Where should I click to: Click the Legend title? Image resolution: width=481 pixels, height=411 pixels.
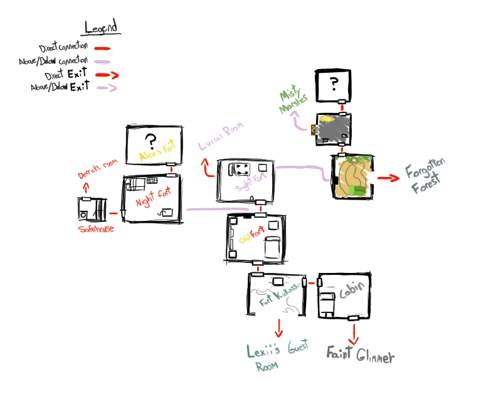pos(103,27)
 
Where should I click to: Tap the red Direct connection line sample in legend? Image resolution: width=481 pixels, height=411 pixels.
pos(102,48)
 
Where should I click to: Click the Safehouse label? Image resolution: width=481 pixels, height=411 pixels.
pos(96,229)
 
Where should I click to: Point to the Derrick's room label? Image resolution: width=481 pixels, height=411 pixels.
pos(97,167)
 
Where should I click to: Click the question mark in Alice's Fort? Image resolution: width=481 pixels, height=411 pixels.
pos(150,140)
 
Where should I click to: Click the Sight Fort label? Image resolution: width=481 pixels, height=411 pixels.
pos(250,184)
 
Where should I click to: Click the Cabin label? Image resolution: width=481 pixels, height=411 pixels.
pos(350,294)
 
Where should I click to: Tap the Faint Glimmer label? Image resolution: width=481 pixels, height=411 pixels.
pos(360,356)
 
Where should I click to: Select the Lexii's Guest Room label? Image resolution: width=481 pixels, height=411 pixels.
pos(277,357)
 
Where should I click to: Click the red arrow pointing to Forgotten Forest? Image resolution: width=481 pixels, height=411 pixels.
pos(389,178)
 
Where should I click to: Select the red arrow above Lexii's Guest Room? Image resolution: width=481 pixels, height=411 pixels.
pos(278,326)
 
